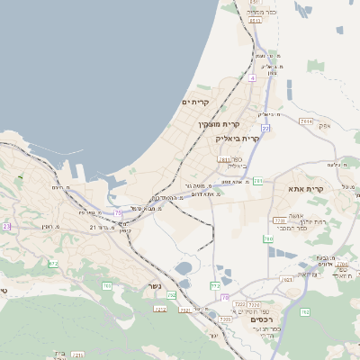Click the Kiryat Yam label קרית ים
click(195, 103)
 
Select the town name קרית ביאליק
click(238, 139)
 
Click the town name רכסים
click(271, 319)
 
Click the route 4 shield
click(253, 78)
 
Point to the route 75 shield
click(118, 213)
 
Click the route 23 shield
click(7, 226)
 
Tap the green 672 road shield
click(53, 264)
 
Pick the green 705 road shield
click(107, 285)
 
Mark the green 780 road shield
click(268, 238)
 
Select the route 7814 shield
click(306, 121)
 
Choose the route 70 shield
click(225, 297)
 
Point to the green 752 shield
click(215, 285)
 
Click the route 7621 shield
click(287, 280)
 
